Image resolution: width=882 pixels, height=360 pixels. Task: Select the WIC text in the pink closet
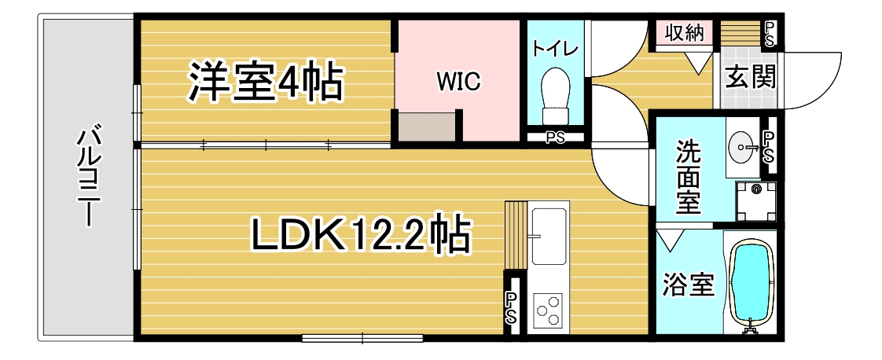[459, 82]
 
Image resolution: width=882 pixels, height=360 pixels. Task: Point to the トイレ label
[555, 49]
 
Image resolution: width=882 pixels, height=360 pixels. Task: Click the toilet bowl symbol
[555, 96]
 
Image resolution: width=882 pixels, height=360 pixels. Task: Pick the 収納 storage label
[685, 33]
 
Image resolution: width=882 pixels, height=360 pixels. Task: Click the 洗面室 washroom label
[689, 177]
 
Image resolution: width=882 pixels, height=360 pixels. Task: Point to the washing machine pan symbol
[755, 201]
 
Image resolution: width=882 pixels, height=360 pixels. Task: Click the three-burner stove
[548, 310]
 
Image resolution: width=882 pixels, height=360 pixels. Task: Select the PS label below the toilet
[555, 138]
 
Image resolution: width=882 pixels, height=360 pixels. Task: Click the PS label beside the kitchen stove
[511, 307]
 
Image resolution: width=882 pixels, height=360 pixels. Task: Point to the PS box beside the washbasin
[768, 145]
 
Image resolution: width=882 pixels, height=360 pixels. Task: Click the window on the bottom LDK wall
[362, 339]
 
